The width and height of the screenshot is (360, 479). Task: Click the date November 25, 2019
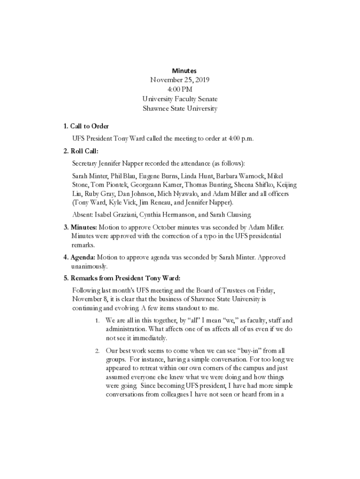click(x=180, y=80)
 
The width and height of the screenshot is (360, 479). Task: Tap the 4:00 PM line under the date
click(x=180, y=89)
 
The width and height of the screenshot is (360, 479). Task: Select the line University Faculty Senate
click(x=180, y=99)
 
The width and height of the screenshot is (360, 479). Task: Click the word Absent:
click(x=82, y=215)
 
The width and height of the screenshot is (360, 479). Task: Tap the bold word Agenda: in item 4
click(x=83, y=258)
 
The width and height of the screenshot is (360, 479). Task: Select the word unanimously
click(x=89, y=267)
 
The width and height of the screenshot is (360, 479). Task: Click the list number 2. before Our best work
click(x=97, y=351)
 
